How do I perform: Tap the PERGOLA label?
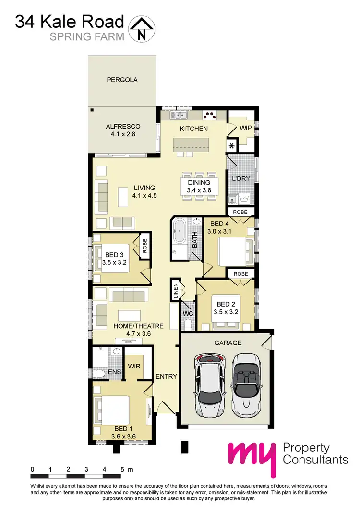click(x=122, y=80)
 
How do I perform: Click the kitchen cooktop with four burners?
click(x=210, y=115)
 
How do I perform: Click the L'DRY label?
click(x=241, y=178)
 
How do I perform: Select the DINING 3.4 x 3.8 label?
click(x=199, y=186)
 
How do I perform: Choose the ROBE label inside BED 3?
click(x=144, y=246)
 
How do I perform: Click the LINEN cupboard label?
click(x=176, y=290)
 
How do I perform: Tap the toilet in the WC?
click(x=188, y=325)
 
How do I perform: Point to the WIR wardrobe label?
click(x=133, y=366)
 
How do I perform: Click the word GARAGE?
click(x=228, y=343)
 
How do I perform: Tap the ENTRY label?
click(x=167, y=377)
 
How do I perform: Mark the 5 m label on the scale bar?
click(x=126, y=468)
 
